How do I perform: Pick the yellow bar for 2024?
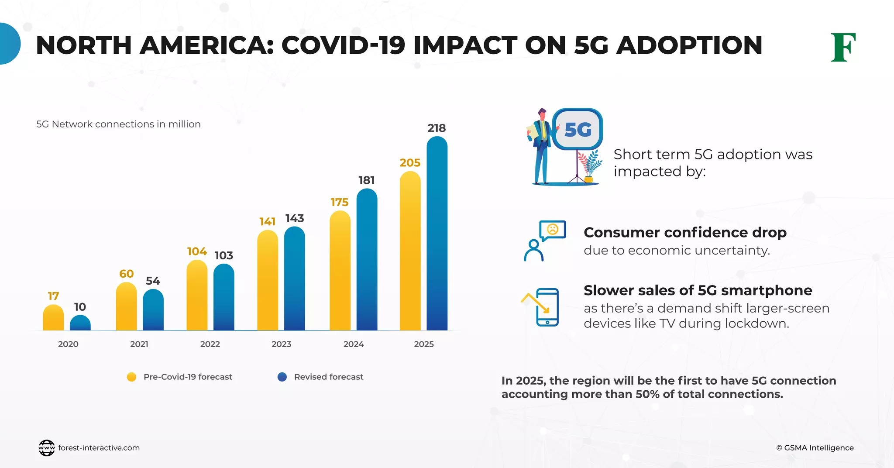click(340, 271)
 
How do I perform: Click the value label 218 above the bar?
click(437, 128)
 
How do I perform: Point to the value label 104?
click(197, 251)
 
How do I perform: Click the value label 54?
click(153, 281)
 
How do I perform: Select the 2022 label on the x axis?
click(210, 344)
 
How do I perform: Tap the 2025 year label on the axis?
click(424, 344)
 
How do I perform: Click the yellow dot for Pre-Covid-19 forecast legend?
click(131, 377)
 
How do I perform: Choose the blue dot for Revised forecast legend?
click(282, 377)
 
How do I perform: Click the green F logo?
click(843, 47)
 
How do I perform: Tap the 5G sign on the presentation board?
click(578, 130)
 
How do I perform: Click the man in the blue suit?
click(541, 146)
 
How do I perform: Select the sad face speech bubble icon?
click(552, 230)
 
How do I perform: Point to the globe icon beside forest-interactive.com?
click(47, 448)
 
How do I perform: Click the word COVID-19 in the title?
click(344, 45)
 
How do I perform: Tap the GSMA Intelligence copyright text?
click(815, 448)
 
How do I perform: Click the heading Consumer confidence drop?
click(685, 232)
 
